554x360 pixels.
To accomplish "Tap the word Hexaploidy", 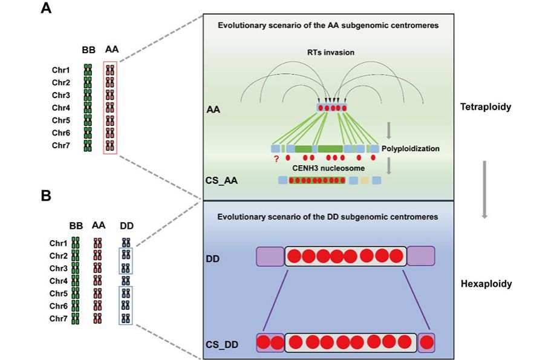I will pyautogui.click(x=485, y=283).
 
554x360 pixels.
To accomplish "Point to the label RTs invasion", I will pyautogui.click(x=330, y=53).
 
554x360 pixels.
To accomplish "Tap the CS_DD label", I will pyautogui.click(x=221, y=344).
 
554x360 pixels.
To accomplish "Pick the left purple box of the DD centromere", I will pyautogui.click(x=270, y=256).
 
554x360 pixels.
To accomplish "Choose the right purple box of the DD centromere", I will pyautogui.click(x=420, y=256).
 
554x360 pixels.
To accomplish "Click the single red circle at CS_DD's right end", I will pyautogui.click(x=427, y=342).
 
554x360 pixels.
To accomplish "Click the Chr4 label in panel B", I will pyautogui.click(x=59, y=280).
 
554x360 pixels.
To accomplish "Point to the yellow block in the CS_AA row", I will pyautogui.click(x=364, y=180).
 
